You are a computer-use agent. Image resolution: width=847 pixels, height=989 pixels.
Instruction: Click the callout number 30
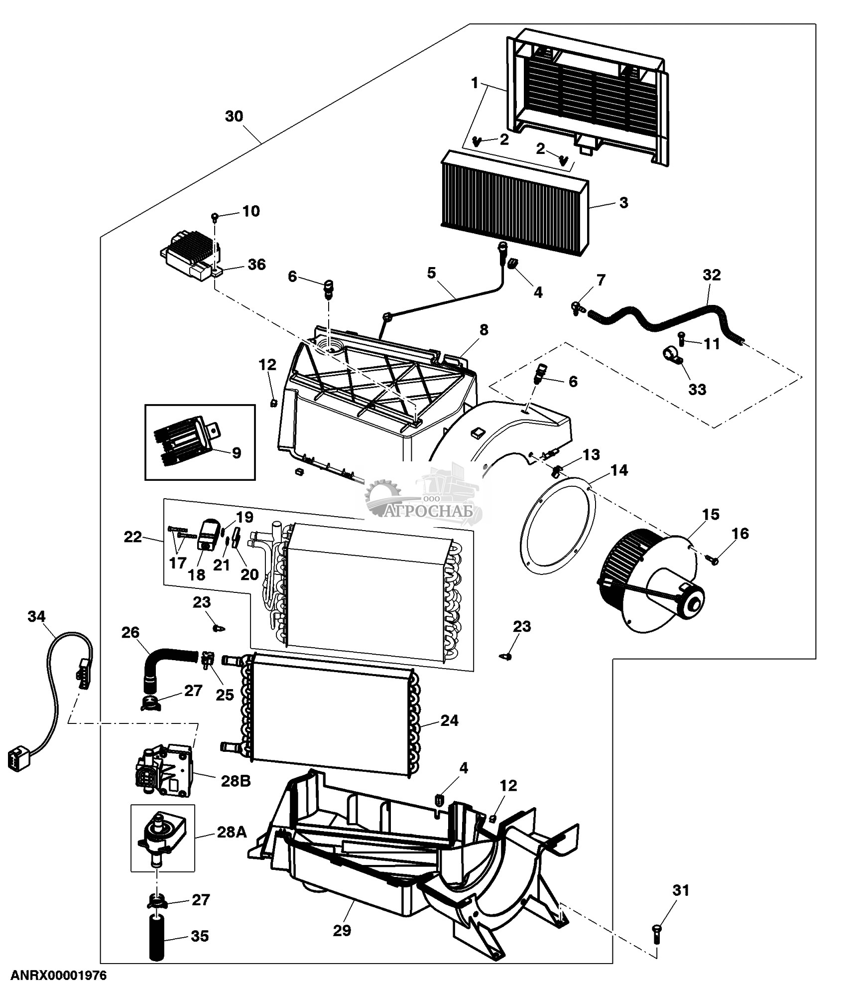point(234,116)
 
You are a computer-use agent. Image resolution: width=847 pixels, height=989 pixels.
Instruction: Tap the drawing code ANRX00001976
point(59,975)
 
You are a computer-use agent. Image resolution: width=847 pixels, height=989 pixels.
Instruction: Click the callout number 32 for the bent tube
point(712,275)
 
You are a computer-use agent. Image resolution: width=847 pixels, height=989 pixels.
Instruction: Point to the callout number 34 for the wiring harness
point(36,617)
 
